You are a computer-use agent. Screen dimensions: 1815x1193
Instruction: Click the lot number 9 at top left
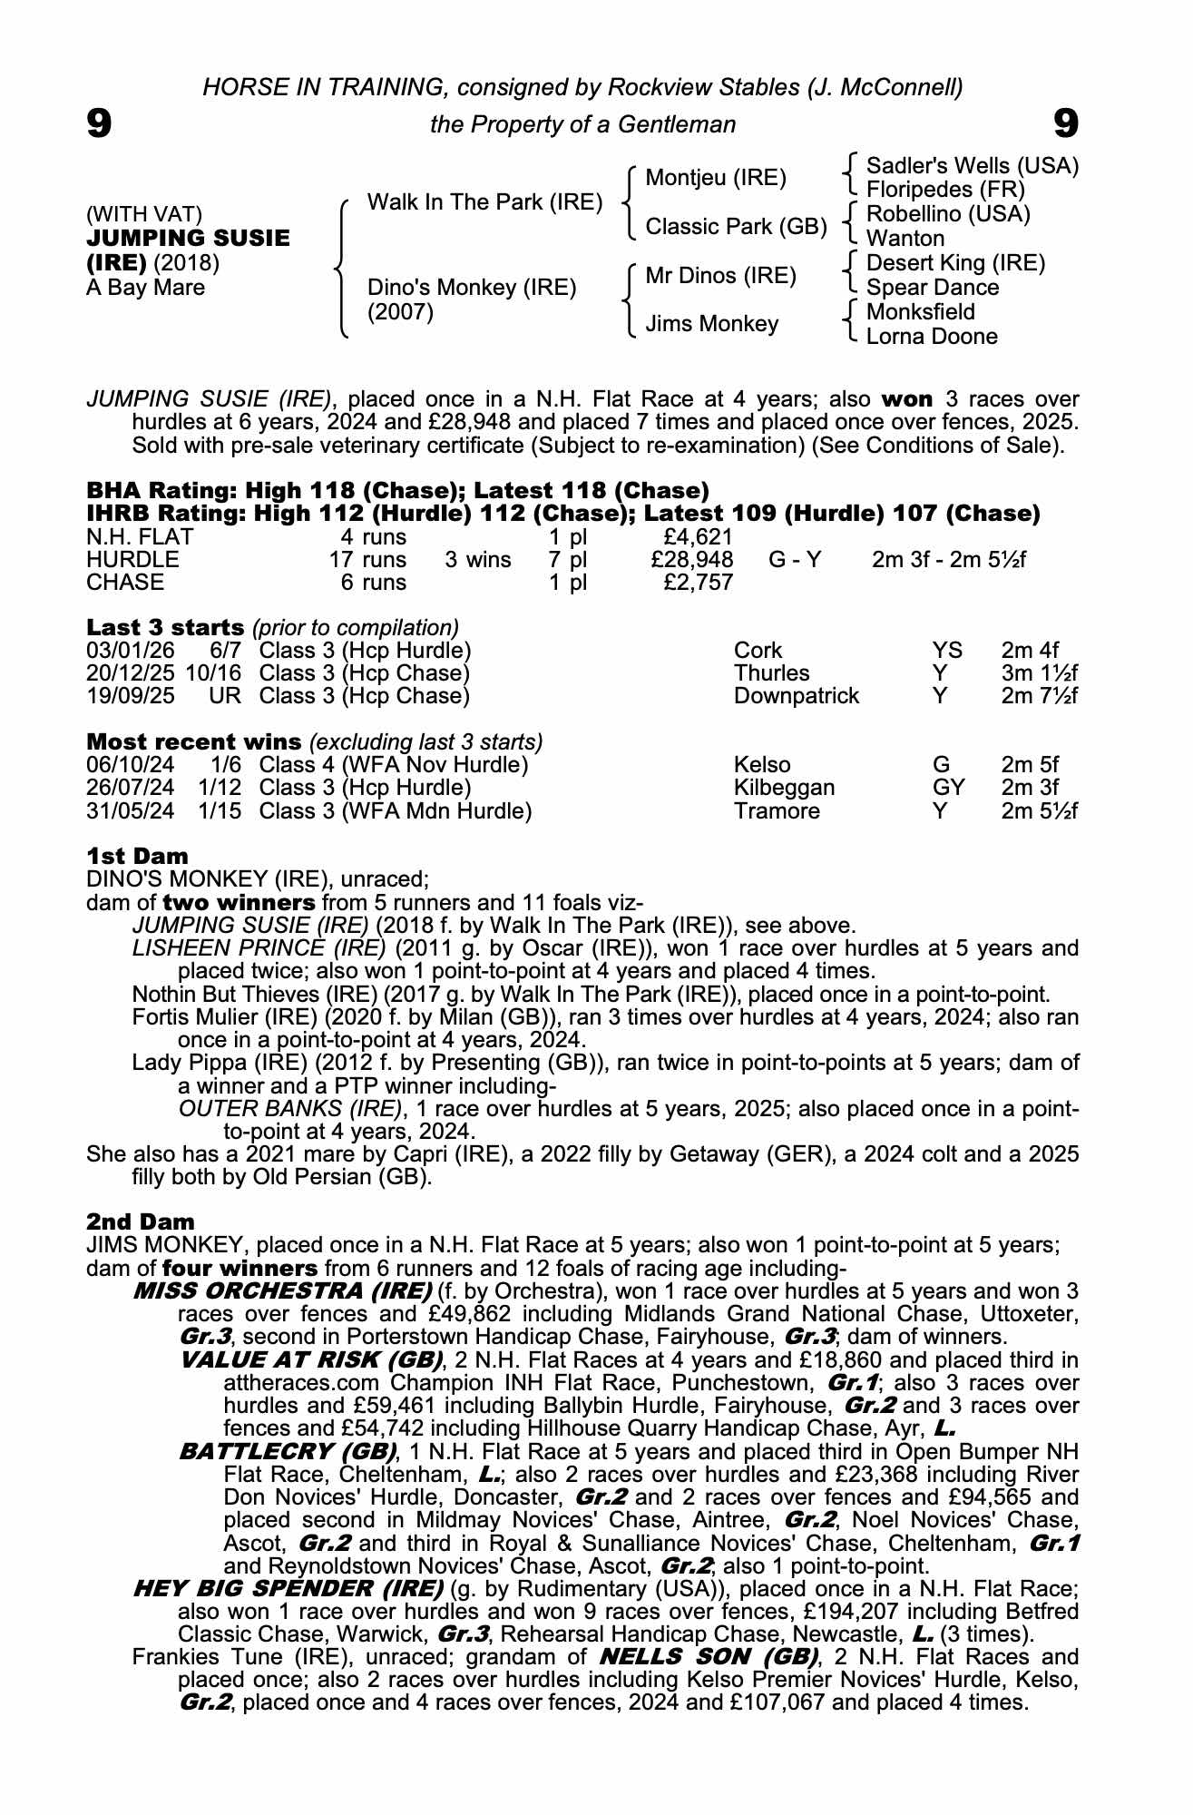point(99,123)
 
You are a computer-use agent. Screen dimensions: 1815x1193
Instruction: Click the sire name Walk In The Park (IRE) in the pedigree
point(484,202)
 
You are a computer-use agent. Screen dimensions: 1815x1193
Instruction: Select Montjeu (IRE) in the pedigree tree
point(715,178)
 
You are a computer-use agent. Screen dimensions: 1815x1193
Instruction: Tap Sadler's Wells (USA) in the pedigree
point(972,166)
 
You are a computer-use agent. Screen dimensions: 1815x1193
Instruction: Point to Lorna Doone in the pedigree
point(932,337)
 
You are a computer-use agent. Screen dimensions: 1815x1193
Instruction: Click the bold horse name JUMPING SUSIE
point(189,239)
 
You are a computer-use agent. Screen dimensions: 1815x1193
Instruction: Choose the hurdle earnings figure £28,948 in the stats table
point(692,560)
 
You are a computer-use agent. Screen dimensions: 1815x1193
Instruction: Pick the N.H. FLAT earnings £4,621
point(698,537)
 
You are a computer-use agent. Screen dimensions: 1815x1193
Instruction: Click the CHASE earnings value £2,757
point(698,583)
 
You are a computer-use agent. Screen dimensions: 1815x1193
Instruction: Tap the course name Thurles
point(771,673)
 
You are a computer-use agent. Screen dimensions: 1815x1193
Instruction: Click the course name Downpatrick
point(796,696)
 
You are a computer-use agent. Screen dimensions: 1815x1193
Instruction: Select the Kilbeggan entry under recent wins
point(783,788)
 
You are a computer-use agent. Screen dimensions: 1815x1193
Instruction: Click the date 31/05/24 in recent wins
point(130,810)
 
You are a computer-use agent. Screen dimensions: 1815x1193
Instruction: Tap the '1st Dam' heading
point(137,856)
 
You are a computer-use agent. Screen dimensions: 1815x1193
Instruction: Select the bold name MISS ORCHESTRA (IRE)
point(282,1290)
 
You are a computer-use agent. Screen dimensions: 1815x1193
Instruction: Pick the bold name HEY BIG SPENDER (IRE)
point(288,1588)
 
